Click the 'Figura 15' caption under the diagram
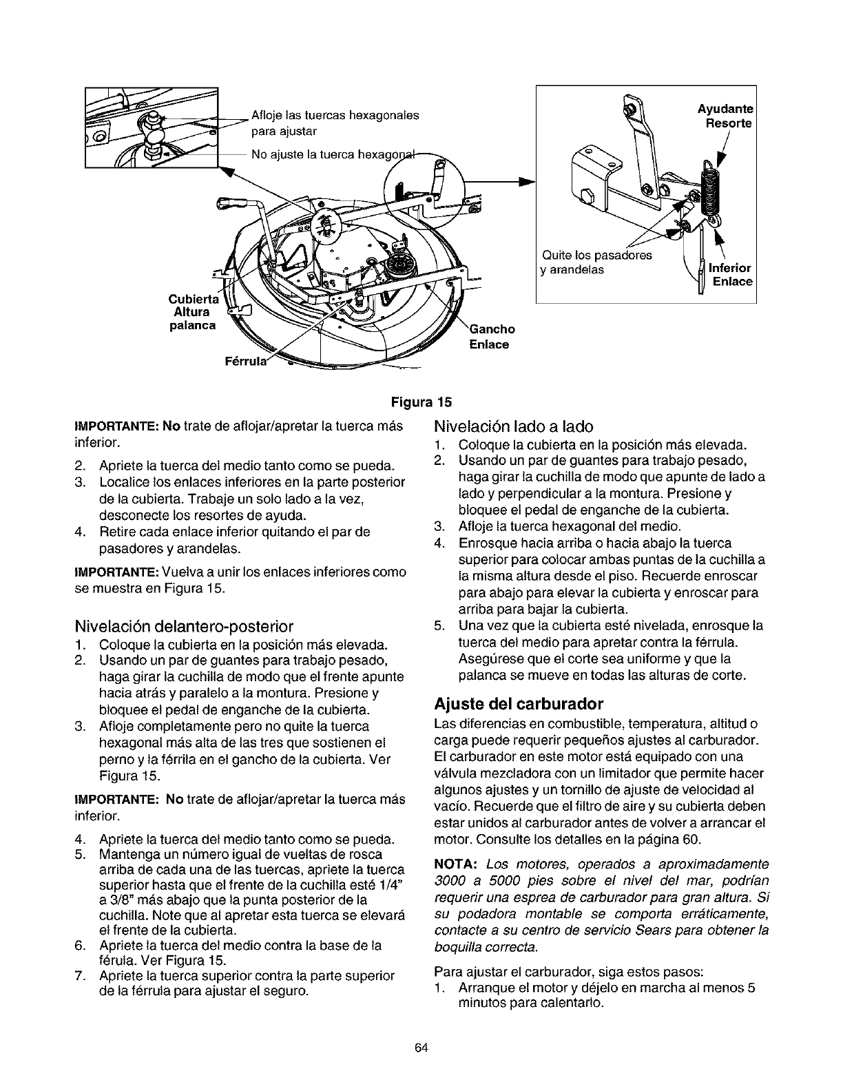(x=421, y=401)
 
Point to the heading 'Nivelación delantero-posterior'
(x=184, y=627)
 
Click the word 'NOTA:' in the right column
(x=456, y=864)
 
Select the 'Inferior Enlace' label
(x=731, y=274)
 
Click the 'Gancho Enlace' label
(x=492, y=337)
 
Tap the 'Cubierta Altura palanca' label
(x=192, y=312)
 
